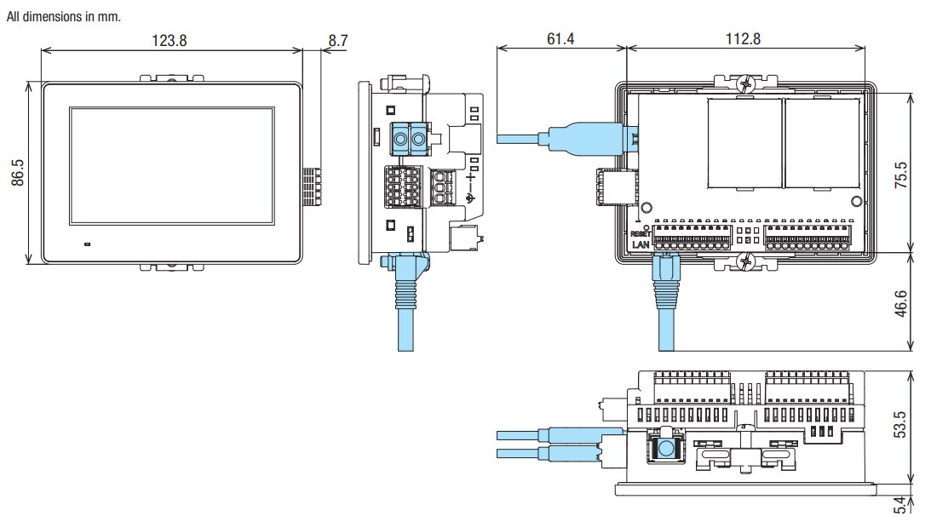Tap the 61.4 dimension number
560,39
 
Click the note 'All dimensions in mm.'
63,17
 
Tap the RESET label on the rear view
641,232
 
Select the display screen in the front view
172,167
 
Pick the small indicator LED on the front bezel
86,244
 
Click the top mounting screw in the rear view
747,83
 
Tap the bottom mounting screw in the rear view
747,260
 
